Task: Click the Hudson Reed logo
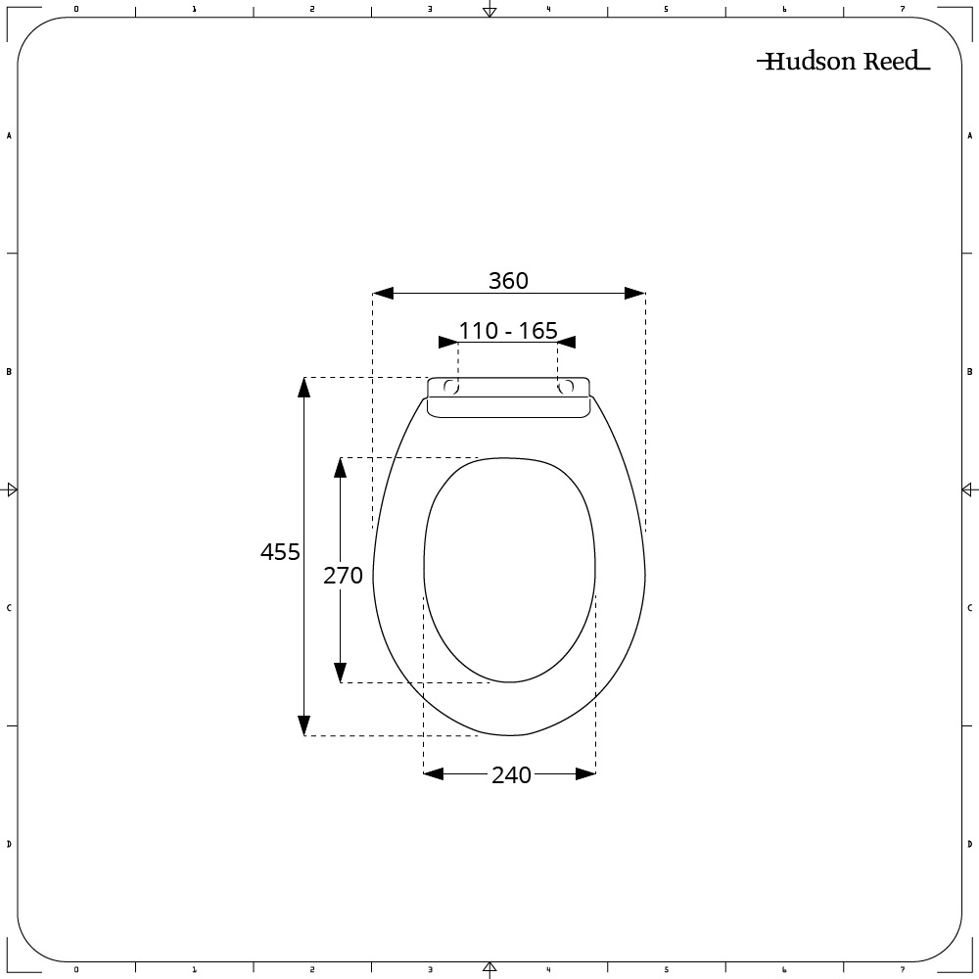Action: pos(842,62)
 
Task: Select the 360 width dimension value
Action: pos(508,281)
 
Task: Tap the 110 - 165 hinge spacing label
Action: pos(508,331)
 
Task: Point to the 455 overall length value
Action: pos(280,552)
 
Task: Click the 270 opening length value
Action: pos(343,576)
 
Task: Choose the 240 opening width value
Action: pos(511,775)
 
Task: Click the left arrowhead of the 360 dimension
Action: pos(383,293)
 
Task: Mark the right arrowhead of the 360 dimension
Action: pos(635,293)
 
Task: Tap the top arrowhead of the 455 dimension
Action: pos(304,388)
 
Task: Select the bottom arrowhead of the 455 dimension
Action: pos(304,725)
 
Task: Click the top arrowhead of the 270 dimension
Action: pos(340,467)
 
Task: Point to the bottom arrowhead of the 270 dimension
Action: pos(340,673)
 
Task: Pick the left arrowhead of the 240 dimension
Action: pos(433,773)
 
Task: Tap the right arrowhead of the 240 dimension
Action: pos(585,773)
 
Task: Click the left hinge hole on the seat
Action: pos(451,387)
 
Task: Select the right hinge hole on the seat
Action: pos(565,387)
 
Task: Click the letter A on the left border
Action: pos(9,136)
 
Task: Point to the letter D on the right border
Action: pos(969,844)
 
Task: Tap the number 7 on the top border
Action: pos(903,9)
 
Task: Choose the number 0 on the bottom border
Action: pos(75,970)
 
